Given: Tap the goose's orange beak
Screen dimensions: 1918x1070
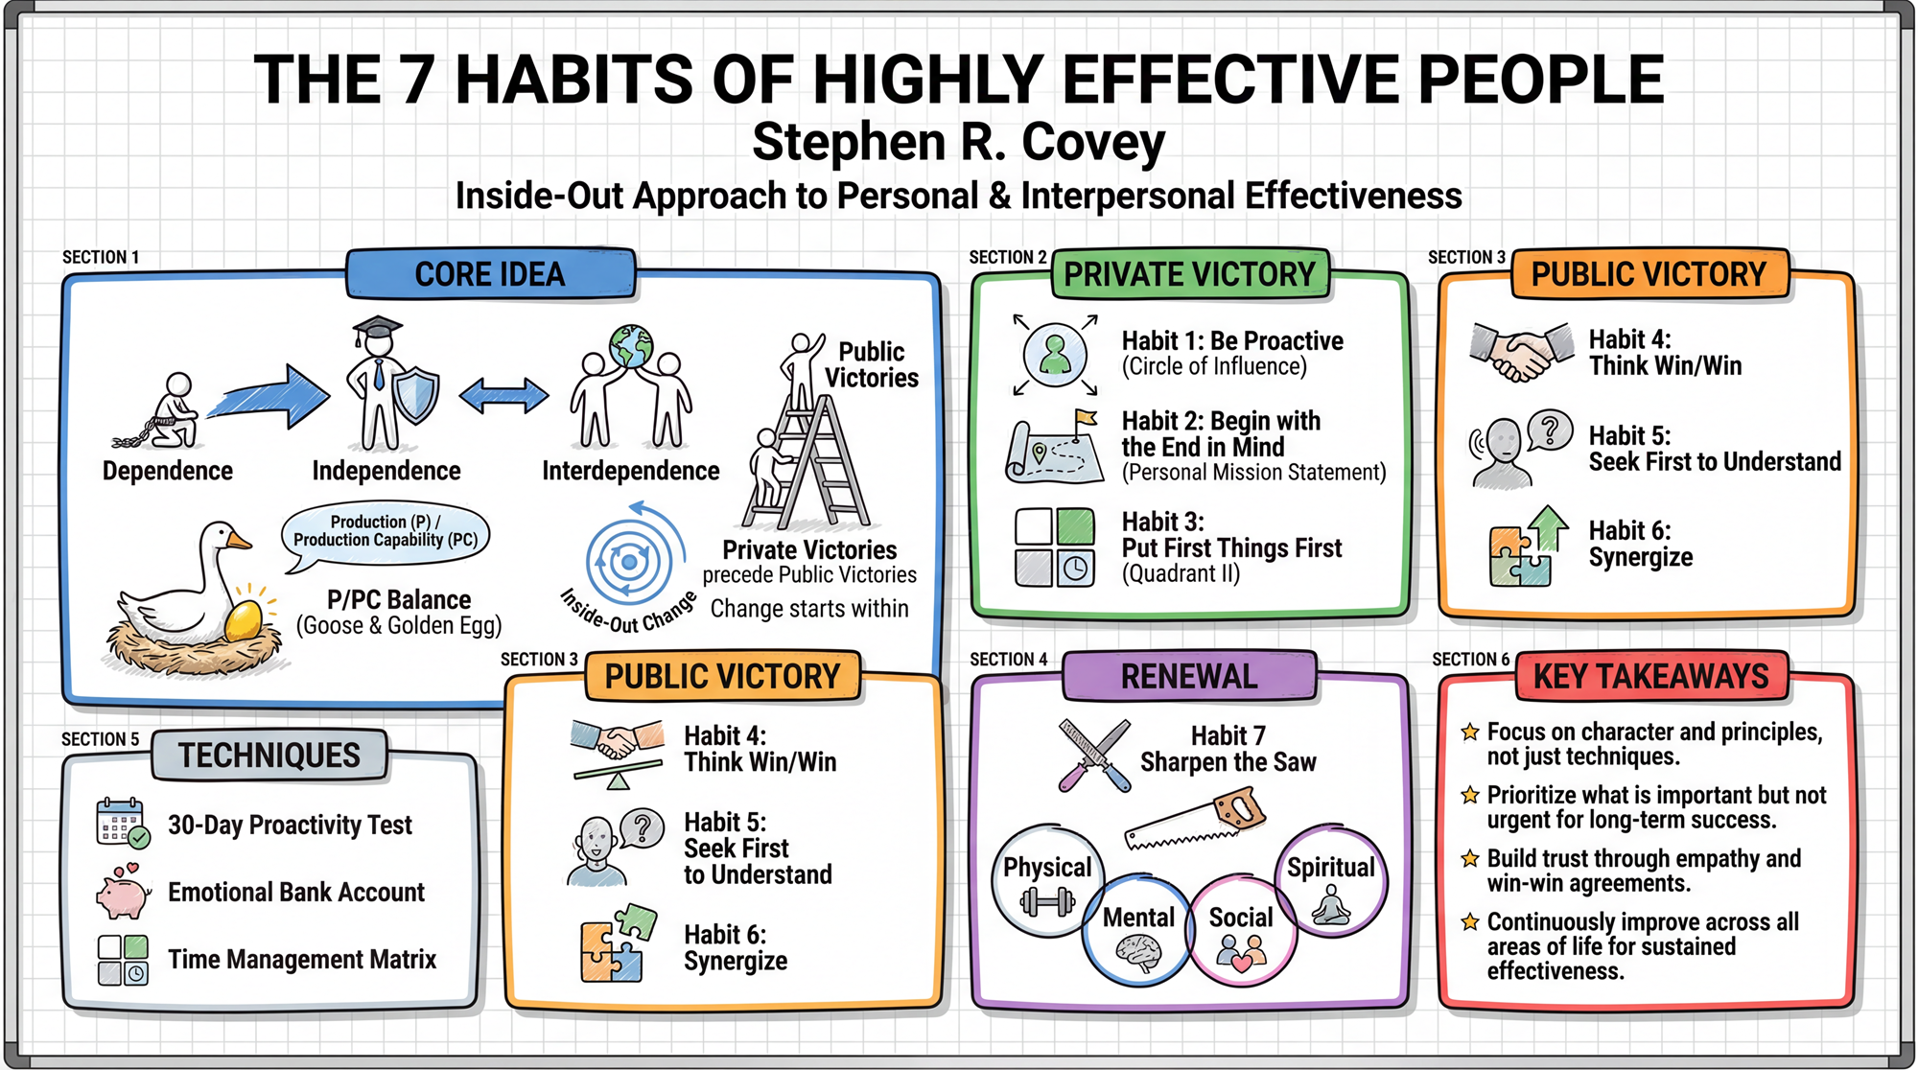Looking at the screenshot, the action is tap(238, 542).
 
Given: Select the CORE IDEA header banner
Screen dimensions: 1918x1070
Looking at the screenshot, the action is tap(490, 274).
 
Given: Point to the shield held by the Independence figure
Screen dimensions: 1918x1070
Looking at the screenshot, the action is tap(416, 397).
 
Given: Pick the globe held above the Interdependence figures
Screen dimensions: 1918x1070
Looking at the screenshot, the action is tap(630, 347).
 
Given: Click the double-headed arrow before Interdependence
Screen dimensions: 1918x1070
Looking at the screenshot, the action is tap(503, 395).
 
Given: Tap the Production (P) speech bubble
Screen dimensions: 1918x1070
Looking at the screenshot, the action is tap(386, 532).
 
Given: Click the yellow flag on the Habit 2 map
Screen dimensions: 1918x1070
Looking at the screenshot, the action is tap(1086, 418).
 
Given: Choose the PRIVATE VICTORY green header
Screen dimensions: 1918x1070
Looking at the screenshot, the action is tap(1189, 274).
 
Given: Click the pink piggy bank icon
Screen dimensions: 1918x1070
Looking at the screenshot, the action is tap(124, 894).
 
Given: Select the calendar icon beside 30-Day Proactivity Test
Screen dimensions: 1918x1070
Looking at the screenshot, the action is tap(123, 823).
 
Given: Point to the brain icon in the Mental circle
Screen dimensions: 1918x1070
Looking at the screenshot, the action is tap(1139, 953).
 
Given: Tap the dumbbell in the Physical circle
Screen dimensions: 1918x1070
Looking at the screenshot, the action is tap(1046, 901).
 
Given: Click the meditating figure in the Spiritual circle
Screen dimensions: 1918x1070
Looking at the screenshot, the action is tap(1331, 904).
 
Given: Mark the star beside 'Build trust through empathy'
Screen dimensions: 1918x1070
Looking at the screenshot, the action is tap(1469, 858).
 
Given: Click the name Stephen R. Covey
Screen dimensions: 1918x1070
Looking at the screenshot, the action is tap(959, 142).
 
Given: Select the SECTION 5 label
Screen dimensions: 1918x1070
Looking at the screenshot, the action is tap(101, 739).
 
